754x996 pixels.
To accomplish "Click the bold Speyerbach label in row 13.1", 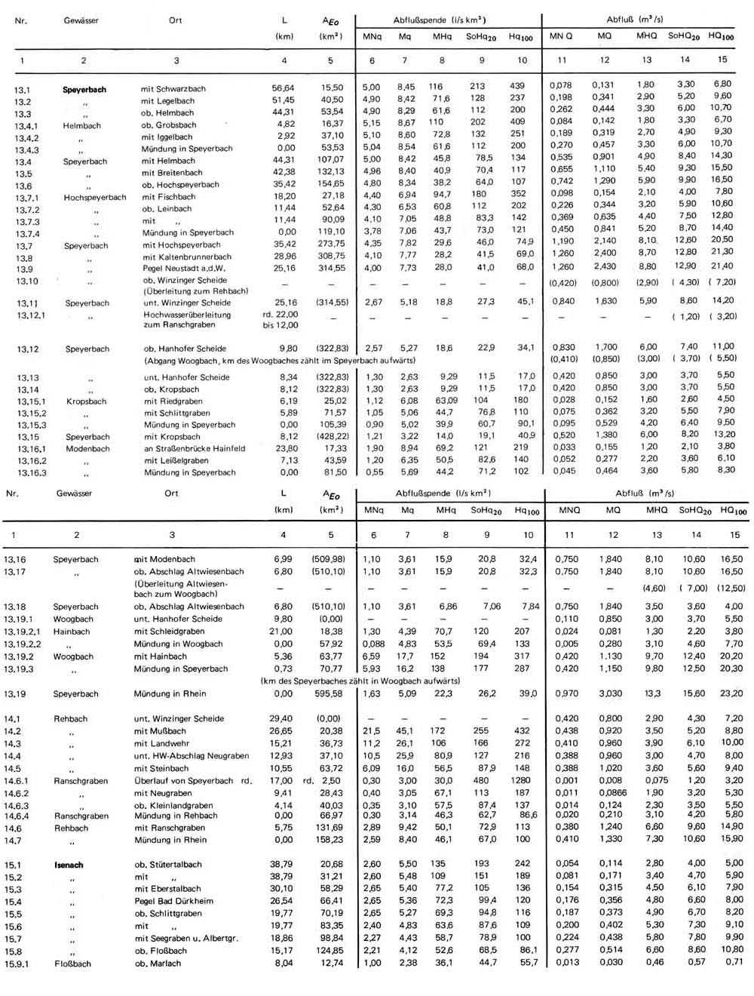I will click(x=84, y=89).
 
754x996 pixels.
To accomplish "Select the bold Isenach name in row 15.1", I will click(x=69, y=865).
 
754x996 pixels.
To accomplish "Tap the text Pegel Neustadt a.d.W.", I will click(x=184, y=269).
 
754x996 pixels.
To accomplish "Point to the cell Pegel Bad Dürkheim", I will click(x=173, y=901).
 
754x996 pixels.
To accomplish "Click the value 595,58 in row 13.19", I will click(x=330, y=693).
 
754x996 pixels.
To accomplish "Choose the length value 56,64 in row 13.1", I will click(x=283, y=88).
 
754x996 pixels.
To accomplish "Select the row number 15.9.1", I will click(x=17, y=964).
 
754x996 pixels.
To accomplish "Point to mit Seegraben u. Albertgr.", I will click(x=185, y=938).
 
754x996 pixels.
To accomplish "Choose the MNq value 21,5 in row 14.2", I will click(x=371, y=730).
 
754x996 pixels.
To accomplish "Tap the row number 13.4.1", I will click(x=26, y=126).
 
